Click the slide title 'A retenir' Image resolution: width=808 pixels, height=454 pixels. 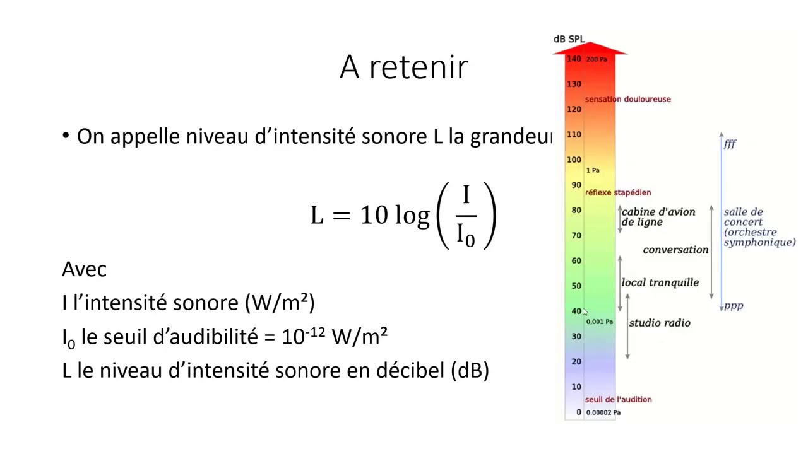click(403, 67)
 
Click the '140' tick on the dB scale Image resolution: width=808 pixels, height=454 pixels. click(574, 59)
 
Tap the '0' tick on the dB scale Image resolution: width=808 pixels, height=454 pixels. click(578, 412)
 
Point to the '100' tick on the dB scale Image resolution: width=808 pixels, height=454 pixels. click(574, 160)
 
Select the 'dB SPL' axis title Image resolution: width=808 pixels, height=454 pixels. click(569, 39)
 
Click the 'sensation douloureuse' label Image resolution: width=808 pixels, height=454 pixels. click(627, 99)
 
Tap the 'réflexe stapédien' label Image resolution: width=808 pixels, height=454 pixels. click(617, 192)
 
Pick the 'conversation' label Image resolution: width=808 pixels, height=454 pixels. click(675, 250)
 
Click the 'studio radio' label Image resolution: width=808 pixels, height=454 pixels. click(659, 323)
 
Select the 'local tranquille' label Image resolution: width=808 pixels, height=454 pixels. click(660, 282)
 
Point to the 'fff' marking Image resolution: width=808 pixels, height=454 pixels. click(730, 144)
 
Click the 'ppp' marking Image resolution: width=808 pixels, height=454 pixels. click(734, 306)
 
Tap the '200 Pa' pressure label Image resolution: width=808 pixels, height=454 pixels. click(597, 59)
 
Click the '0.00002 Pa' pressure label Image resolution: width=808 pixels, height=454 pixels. click(603, 412)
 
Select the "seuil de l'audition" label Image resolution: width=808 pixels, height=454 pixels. click(618, 399)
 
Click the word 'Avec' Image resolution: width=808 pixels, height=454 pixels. click(84, 269)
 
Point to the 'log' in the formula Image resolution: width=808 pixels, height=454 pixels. click(412, 216)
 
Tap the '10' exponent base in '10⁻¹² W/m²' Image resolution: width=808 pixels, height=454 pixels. click(292, 337)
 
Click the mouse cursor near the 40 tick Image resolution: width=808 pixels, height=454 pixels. click(585, 313)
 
